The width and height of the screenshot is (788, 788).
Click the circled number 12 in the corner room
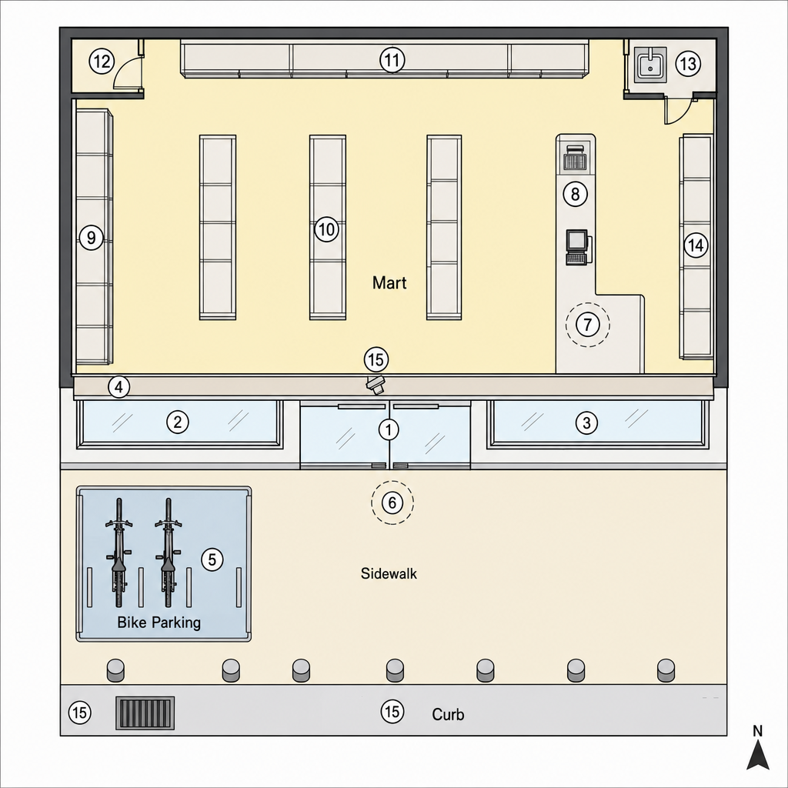tap(102, 62)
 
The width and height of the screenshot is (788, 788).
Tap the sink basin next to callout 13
tap(650, 65)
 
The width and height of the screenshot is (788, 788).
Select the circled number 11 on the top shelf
tap(392, 60)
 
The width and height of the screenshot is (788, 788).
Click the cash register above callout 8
tap(575, 157)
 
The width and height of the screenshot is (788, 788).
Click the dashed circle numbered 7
tap(587, 325)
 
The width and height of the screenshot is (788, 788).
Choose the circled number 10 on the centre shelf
tap(326, 229)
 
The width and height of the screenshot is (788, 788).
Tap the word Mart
tap(389, 283)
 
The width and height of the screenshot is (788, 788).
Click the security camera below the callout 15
tap(376, 385)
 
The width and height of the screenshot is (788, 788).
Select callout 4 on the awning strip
tap(119, 388)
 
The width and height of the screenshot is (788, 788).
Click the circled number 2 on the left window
tap(178, 422)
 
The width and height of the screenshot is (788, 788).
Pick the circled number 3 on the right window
tap(586, 422)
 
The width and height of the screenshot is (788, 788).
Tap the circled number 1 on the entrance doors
tap(389, 429)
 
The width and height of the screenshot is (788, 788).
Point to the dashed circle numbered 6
tap(392, 502)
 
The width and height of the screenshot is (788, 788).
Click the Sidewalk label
tap(389, 573)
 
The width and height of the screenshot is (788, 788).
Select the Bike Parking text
tap(159, 623)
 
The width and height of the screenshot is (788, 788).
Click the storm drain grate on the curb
tap(145, 713)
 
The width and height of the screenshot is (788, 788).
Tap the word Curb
tap(448, 714)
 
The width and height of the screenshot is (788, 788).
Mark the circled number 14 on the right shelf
tap(696, 245)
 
